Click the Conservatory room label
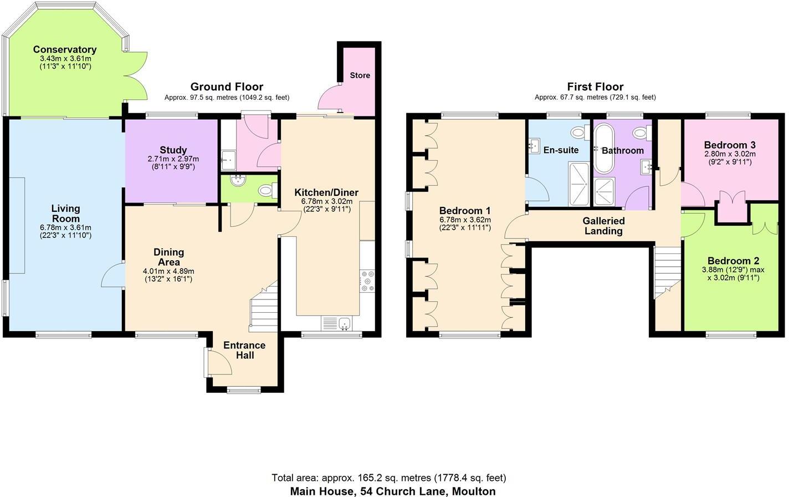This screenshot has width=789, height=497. (65, 50)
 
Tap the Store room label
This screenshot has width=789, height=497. (360, 75)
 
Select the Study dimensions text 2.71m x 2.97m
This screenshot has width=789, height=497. (173, 159)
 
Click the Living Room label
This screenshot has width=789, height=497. (65, 214)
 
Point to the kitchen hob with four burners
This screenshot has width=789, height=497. (367, 281)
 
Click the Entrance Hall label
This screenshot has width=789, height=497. (244, 350)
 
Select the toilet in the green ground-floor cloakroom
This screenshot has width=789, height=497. (267, 191)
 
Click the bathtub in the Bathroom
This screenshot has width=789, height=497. (603, 148)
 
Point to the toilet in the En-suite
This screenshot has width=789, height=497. (580, 133)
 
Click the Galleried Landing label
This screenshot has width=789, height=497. (603, 226)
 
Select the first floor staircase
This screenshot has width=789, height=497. (667, 272)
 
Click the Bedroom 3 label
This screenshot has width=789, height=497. (730, 145)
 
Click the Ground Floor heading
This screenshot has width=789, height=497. (227, 87)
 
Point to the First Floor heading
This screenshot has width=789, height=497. (595, 87)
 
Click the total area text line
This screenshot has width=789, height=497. (388, 478)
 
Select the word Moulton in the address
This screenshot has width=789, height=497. (474, 491)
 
